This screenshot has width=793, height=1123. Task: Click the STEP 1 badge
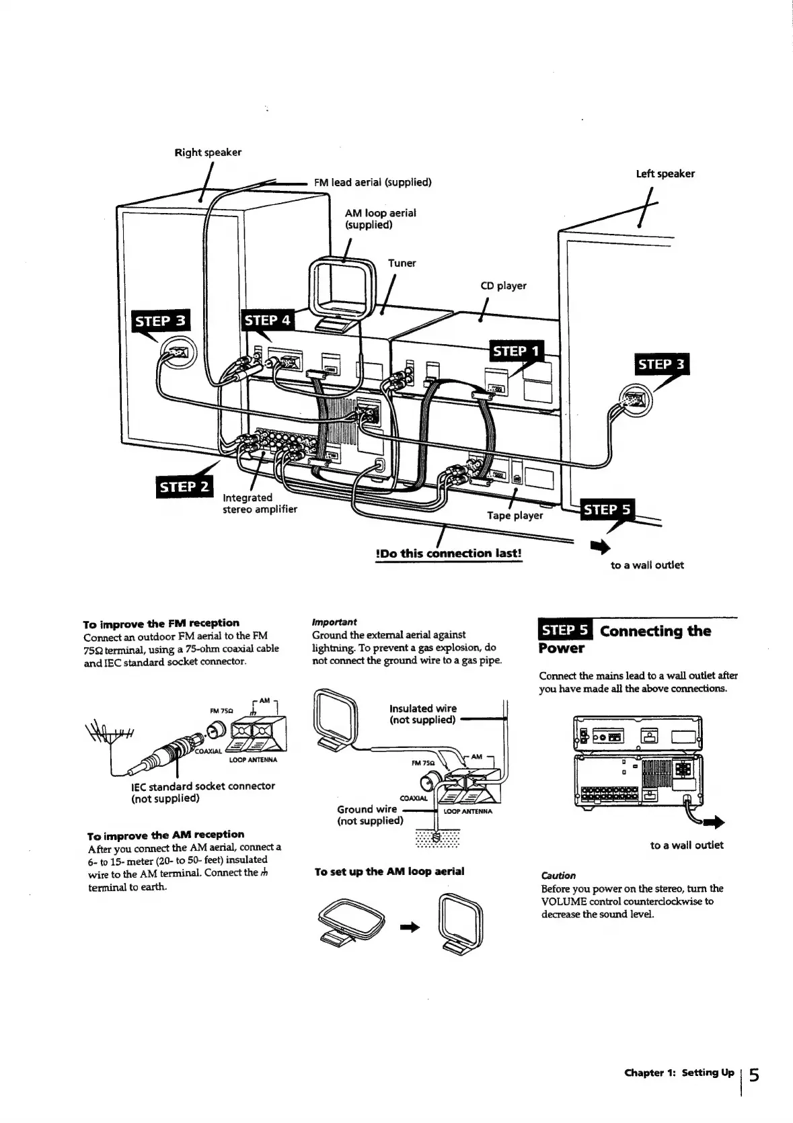[517, 351]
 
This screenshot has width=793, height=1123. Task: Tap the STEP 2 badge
[183, 487]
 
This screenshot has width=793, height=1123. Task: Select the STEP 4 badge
[267, 321]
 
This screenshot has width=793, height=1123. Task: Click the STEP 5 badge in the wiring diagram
[607, 510]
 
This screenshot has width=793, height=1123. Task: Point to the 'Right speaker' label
[208, 152]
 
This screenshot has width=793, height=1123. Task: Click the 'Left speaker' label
[665, 173]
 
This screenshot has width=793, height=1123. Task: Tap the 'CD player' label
[503, 286]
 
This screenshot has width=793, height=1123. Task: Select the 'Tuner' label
[402, 263]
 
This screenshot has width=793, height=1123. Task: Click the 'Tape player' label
[515, 515]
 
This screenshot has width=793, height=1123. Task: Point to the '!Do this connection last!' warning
[449, 554]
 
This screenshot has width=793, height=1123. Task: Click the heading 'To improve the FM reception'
[161, 623]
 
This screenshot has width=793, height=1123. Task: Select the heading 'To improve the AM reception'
[166, 835]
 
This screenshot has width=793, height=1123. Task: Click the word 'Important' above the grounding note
[334, 622]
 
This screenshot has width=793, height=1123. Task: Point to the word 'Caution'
[558, 876]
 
